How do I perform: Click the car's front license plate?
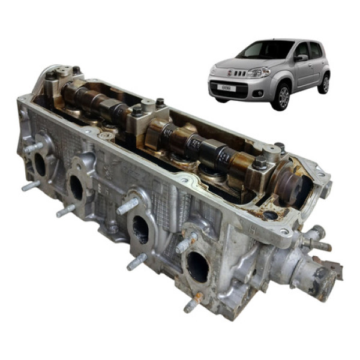point(226,88)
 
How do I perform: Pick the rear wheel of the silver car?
point(325,83)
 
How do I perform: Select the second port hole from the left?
point(77,188)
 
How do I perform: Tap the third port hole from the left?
point(140,229)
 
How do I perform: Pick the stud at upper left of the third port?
point(127,207)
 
